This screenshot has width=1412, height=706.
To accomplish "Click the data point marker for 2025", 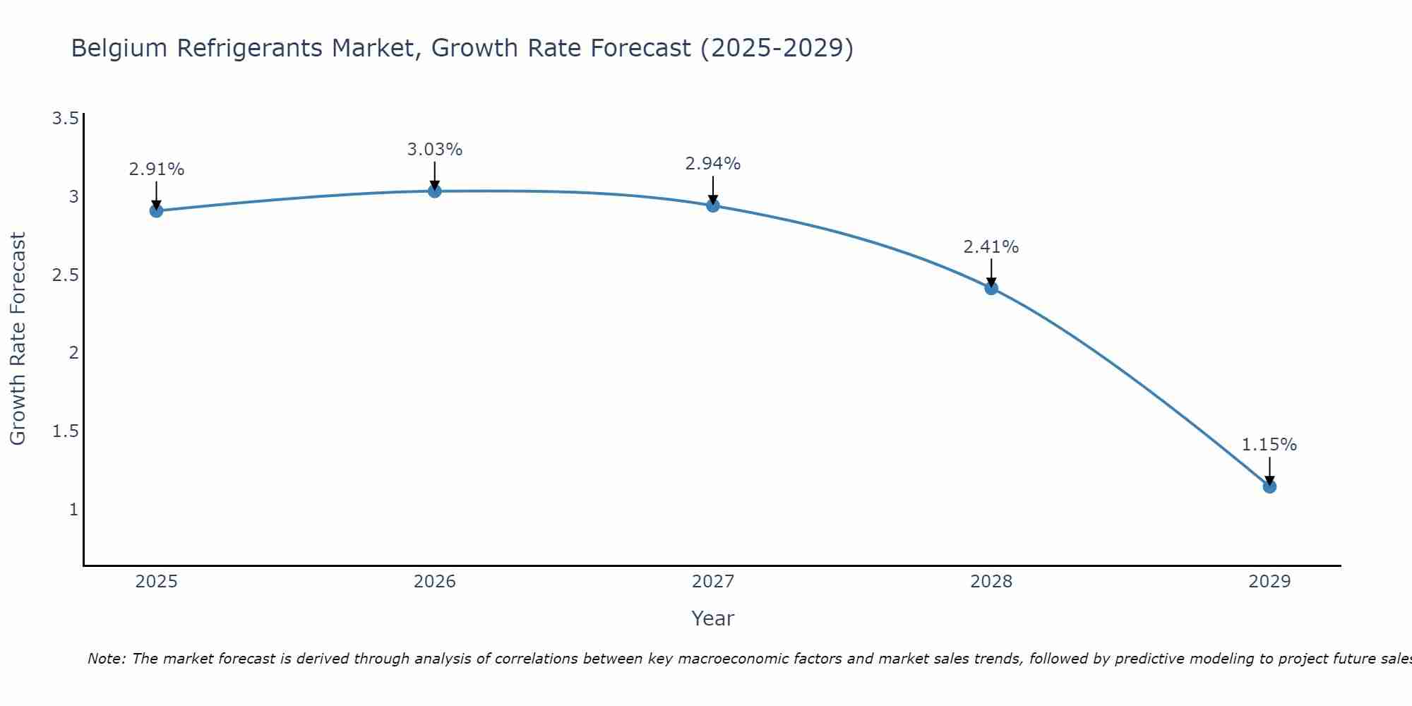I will pyautogui.click(x=156, y=210).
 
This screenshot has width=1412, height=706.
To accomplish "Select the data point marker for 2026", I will pyautogui.click(x=434, y=191).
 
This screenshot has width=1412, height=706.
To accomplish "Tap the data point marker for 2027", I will pyautogui.click(x=712, y=205).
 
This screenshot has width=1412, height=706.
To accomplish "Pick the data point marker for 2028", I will pyautogui.click(x=991, y=288).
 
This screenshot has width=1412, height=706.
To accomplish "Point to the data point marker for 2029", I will pyautogui.click(x=1269, y=486).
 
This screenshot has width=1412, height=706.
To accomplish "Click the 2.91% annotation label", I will pyautogui.click(x=156, y=169).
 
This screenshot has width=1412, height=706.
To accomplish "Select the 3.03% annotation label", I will pyautogui.click(x=434, y=150).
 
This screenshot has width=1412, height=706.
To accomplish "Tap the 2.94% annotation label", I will pyautogui.click(x=712, y=164).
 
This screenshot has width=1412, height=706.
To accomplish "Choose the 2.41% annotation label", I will pyautogui.click(x=991, y=247).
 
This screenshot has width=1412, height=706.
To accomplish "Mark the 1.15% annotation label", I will pyautogui.click(x=1269, y=445).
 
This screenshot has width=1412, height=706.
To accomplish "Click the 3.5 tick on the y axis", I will pyautogui.click(x=65, y=118).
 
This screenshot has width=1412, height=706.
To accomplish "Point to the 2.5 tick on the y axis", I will pyautogui.click(x=65, y=275).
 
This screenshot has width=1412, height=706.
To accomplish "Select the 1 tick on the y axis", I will pyautogui.click(x=73, y=509).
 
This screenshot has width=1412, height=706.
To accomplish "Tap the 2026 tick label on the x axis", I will pyautogui.click(x=434, y=582).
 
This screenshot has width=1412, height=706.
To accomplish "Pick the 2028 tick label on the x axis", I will pyautogui.click(x=991, y=582).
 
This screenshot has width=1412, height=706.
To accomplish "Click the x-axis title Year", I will pyautogui.click(x=712, y=618).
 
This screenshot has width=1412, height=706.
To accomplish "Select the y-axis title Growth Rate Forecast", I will pyautogui.click(x=18, y=339).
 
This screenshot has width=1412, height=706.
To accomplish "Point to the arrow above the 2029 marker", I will pyautogui.click(x=1269, y=470).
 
